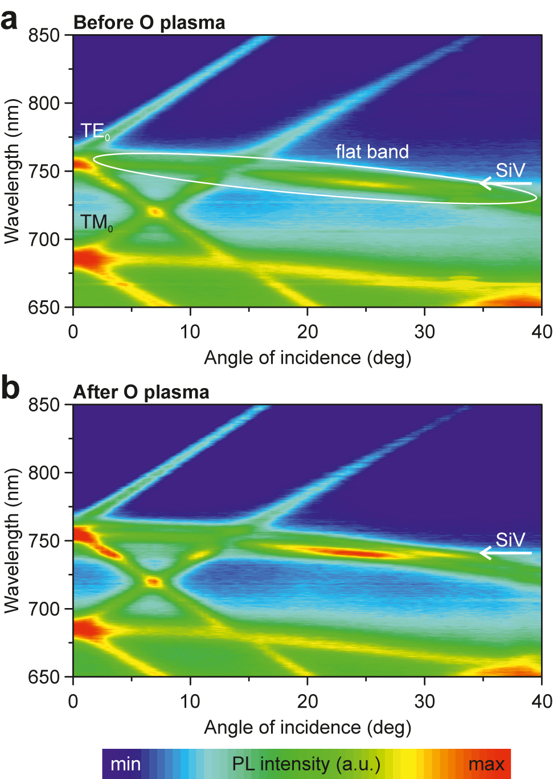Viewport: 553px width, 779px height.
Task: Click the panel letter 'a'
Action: tap(10, 20)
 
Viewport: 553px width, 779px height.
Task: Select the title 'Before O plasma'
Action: tap(149, 23)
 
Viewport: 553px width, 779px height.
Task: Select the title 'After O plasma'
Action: tap(141, 392)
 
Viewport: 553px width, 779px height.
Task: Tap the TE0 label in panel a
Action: tap(95, 132)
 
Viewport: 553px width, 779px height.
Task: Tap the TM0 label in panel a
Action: tap(96, 222)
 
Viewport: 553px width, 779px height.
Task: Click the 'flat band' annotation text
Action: tap(372, 152)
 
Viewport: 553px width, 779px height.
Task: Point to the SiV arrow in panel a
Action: tap(505, 183)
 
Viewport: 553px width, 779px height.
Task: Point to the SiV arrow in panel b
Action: tap(505, 552)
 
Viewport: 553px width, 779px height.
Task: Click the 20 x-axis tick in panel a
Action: tap(307, 331)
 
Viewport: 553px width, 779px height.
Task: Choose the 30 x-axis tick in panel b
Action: tap(424, 700)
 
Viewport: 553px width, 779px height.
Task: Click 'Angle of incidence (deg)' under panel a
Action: tap(308, 358)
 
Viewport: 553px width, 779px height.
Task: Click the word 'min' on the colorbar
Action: tap(125, 764)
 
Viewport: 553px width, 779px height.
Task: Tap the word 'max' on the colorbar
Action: tap(486, 764)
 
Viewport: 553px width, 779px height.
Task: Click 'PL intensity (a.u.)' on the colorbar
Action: tap(306, 764)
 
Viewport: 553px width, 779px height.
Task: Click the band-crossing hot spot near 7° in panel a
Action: tap(155, 212)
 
